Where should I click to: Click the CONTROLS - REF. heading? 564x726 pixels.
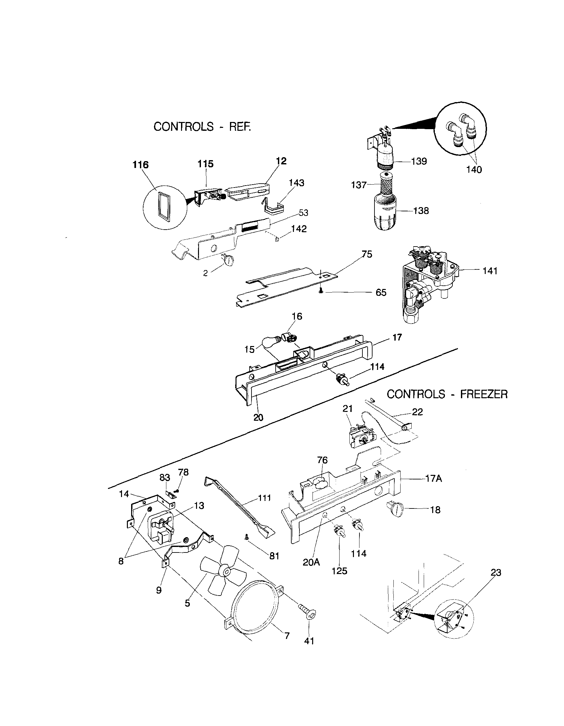(x=202, y=127)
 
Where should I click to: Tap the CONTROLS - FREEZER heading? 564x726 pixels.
(x=447, y=394)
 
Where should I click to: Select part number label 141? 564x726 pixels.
(x=490, y=271)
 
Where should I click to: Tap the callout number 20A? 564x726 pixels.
(x=311, y=562)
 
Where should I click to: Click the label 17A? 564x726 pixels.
(x=433, y=479)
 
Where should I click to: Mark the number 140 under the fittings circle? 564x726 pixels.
(x=474, y=170)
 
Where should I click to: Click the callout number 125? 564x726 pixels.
(x=339, y=571)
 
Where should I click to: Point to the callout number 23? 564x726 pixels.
(x=495, y=572)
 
